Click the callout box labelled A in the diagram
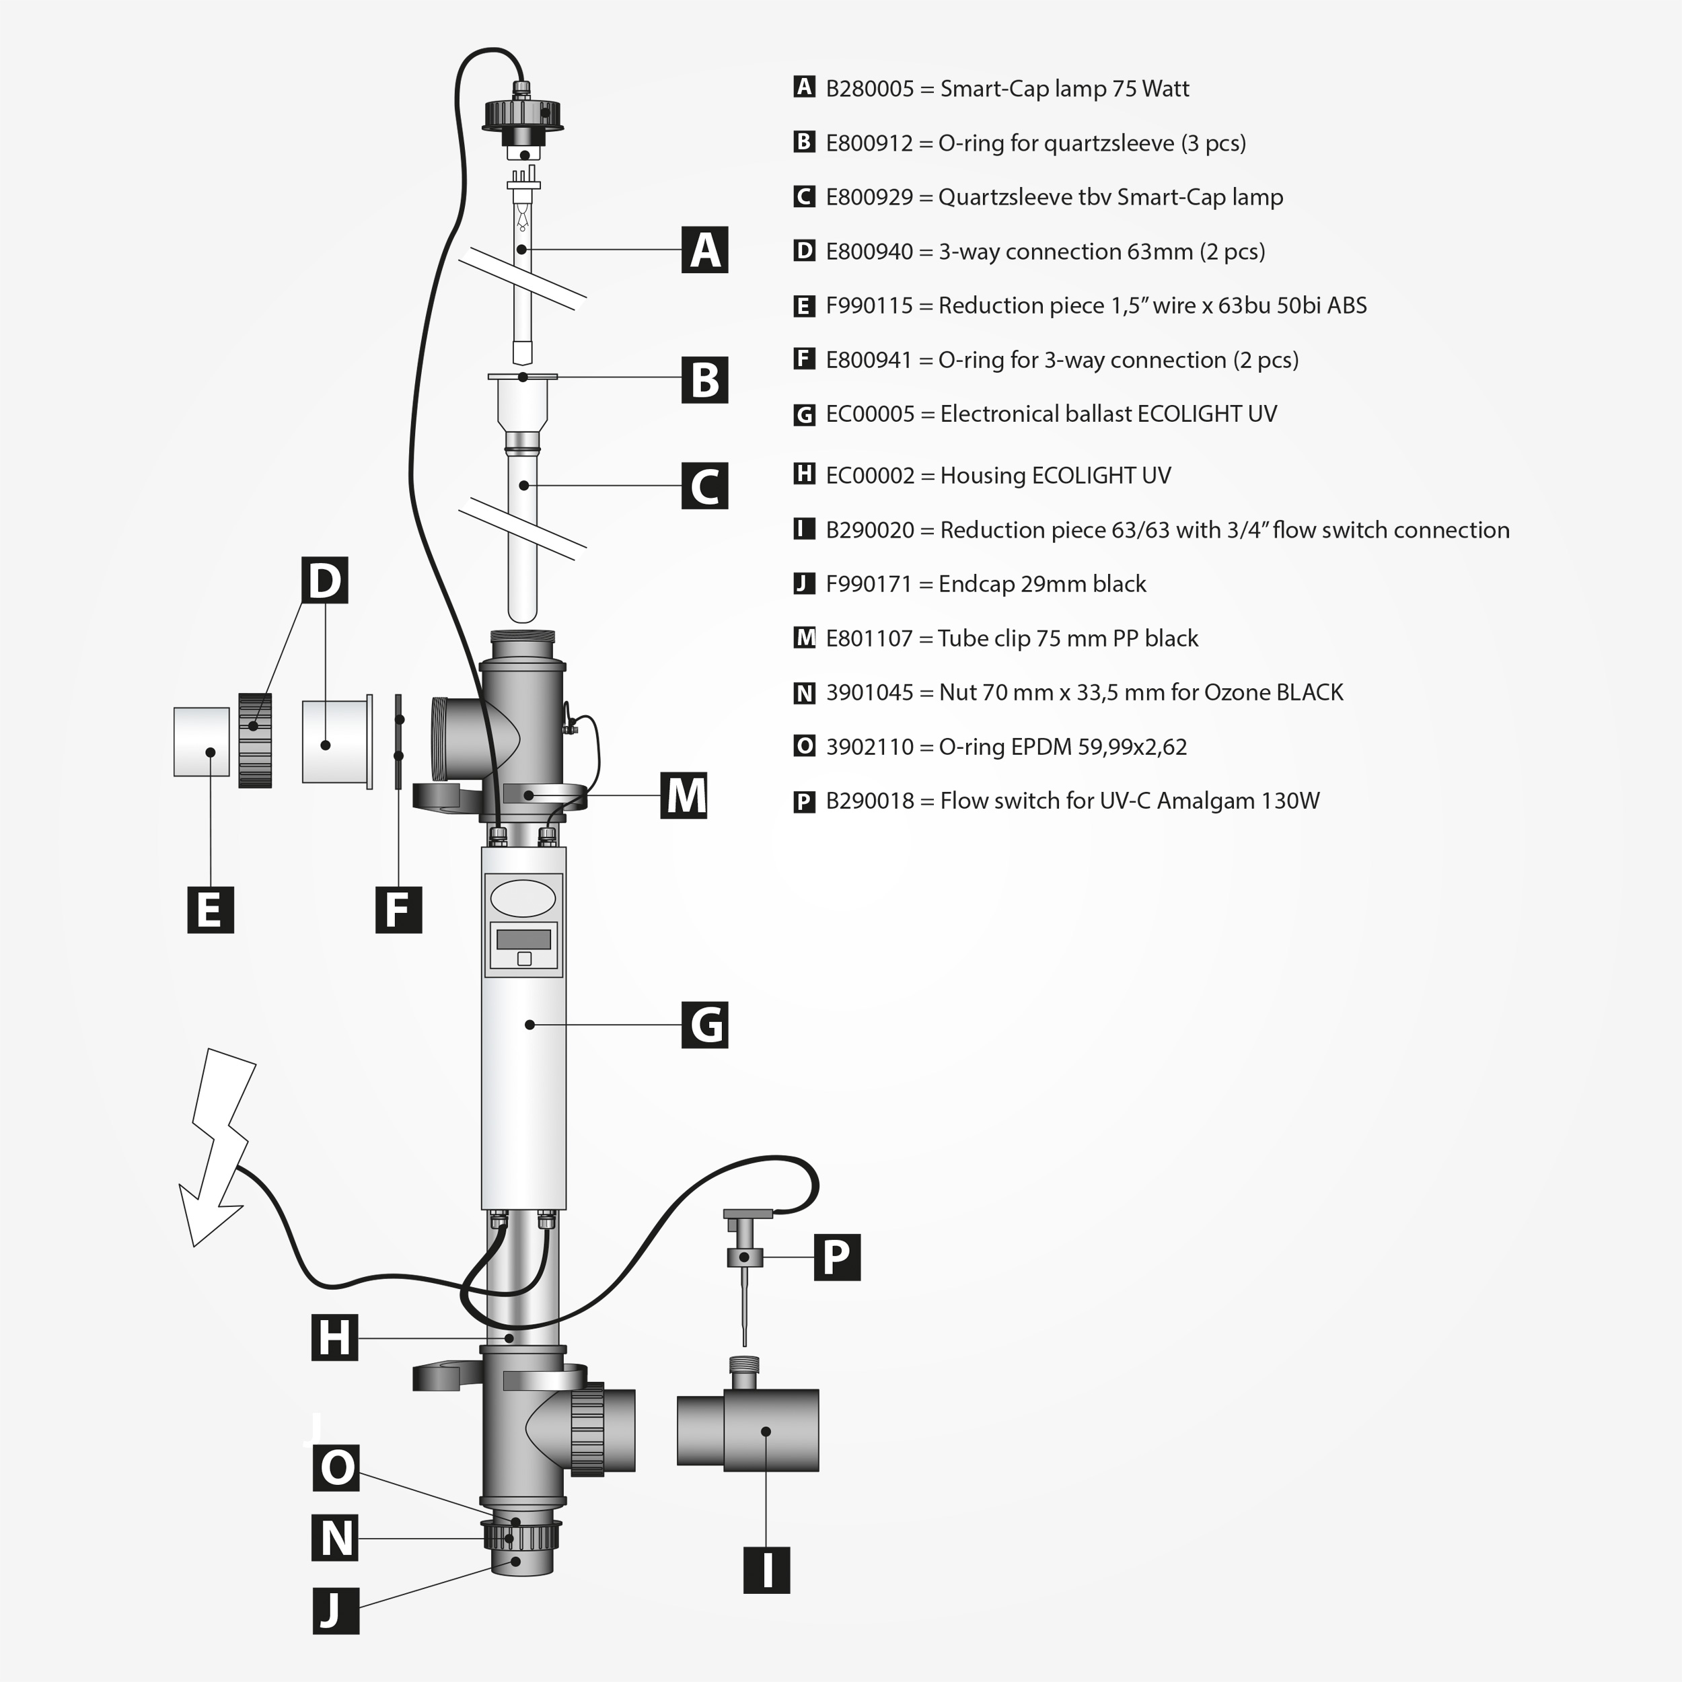click(x=704, y=250)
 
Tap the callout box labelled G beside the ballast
click(x=704, y=1025)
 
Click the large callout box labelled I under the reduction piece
click(x=766, y=1570)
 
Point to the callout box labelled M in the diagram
click(x=684, y=795)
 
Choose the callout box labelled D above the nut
click(x=325, y=581)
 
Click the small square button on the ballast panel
click(x=524, y=959)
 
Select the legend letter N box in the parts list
click(x=805, y=693)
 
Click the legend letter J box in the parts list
click(x=805, y=584)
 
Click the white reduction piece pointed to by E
click(x=201, y=741)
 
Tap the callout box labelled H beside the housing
click(x=335, y=1338)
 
